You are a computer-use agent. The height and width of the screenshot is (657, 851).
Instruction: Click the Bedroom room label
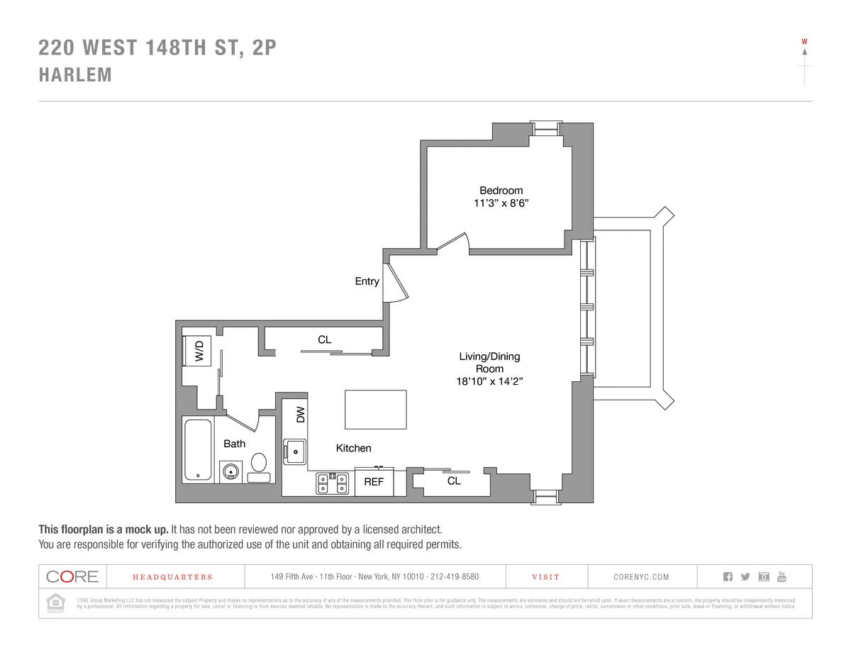(501, 190)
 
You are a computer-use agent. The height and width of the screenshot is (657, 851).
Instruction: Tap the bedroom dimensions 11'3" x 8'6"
(501, 203)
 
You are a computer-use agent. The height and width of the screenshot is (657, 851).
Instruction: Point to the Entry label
(367, 281)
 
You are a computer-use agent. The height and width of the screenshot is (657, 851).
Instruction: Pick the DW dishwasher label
(299, 415)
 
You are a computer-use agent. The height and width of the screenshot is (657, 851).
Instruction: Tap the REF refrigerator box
(374, 482)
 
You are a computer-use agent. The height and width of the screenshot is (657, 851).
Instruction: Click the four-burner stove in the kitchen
(332, 483)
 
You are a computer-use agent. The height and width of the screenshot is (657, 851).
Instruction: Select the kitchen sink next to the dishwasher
(294, 451)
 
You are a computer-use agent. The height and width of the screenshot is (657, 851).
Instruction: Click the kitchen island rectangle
(376, 409)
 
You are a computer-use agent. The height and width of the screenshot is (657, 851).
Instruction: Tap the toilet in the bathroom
(259, 467)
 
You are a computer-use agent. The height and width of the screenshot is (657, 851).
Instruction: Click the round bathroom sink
(230, 471)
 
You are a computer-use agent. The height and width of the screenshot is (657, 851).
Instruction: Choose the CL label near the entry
(324, 339)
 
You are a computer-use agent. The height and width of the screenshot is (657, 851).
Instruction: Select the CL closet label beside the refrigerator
(454, 481)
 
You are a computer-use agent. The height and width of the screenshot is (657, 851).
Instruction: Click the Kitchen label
(353, 448)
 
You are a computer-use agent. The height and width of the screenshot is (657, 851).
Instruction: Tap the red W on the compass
(804, 41)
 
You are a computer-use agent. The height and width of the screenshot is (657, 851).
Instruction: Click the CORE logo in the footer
(72, 576)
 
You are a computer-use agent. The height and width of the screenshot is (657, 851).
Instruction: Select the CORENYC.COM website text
(641, 577)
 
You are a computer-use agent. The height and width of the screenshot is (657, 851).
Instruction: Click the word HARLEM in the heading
(75, 75)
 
